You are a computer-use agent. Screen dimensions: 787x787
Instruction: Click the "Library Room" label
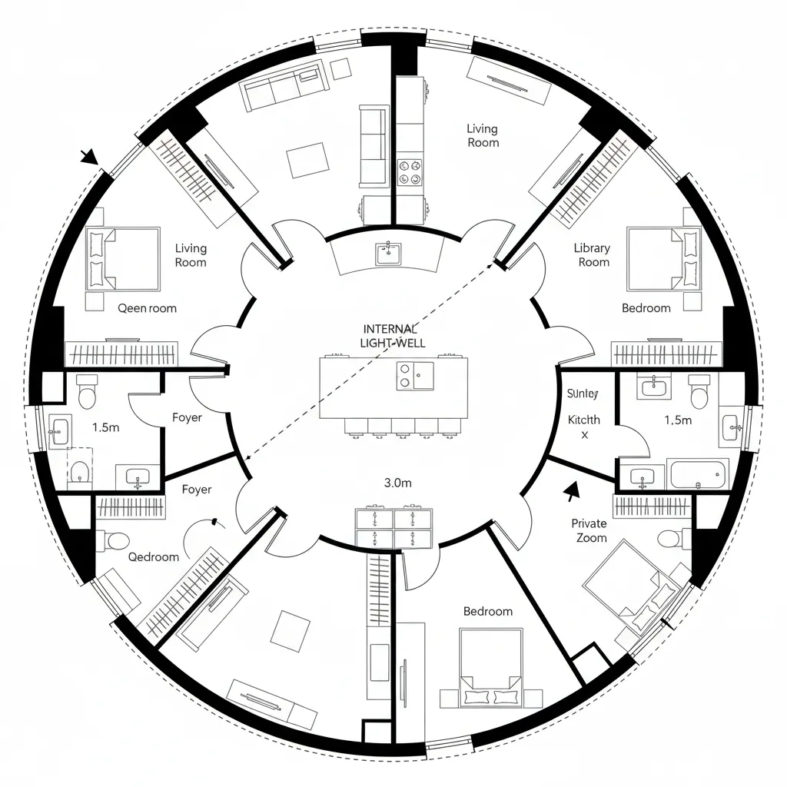[x=592, y=254]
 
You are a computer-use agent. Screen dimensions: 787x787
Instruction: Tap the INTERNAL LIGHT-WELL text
[x=393, y=335]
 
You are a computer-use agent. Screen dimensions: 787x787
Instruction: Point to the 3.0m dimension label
[x=398, y=483]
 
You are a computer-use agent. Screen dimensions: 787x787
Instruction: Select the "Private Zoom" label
[x=589, y=530]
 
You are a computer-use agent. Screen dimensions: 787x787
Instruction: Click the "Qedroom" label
[x=153, y=556]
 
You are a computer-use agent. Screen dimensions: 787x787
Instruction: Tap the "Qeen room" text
[x=147, y=308]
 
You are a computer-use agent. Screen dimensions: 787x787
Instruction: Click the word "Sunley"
[x=582, y=393]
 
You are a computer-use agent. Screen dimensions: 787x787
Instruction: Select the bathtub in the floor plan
[x=699, y=473]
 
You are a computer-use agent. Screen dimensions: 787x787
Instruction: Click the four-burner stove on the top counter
[x=408, y=171]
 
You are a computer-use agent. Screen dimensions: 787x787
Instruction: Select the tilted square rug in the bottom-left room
[x=290, y=627]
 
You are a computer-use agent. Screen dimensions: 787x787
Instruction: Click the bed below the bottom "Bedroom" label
[x=490, y=666]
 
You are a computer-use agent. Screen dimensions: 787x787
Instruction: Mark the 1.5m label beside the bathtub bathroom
[x=677, y=420]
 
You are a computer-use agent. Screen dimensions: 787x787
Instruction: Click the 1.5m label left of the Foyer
[x=105, y=427]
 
